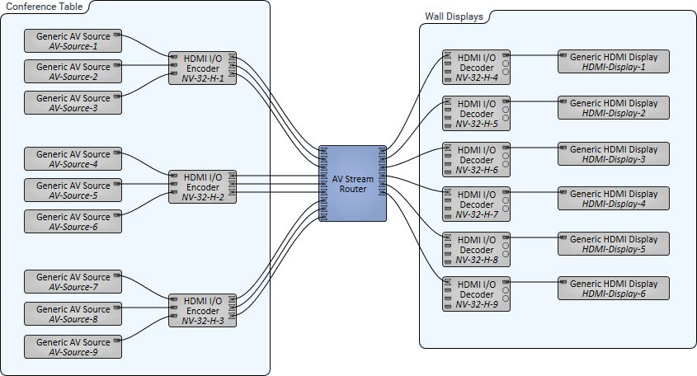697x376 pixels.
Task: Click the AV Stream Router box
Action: click(x=353, y=183)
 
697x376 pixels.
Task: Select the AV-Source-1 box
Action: click(x=73, y=40)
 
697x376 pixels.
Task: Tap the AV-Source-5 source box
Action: click(x=73, y=190)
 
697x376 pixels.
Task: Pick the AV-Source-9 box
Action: click(x=73, y=347)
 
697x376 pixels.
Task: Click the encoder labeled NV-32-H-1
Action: click(x=202, y=68)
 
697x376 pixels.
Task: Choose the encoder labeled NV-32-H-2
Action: click(x=202, y=187)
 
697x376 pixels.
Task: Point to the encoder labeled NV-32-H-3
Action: click(x=202, y=310)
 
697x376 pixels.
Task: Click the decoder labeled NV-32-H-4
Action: click(x=476, y=68)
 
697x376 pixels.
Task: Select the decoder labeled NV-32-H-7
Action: click(x=476, y=204)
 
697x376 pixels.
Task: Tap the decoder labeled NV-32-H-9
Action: click(x=476, y=294)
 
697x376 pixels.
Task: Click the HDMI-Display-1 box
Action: click(x=614, y=62)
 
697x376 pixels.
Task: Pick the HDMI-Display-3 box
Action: click(x=614, y=153)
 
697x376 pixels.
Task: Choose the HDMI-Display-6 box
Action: click(x=614, y=289)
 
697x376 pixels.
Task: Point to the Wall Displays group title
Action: click(x=454, y=16)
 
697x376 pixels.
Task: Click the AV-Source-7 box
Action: click(x=73, y=282)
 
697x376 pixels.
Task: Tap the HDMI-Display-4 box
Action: click(x=614, y=199)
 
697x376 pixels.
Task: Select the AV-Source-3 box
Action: click(x=73, y=103)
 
